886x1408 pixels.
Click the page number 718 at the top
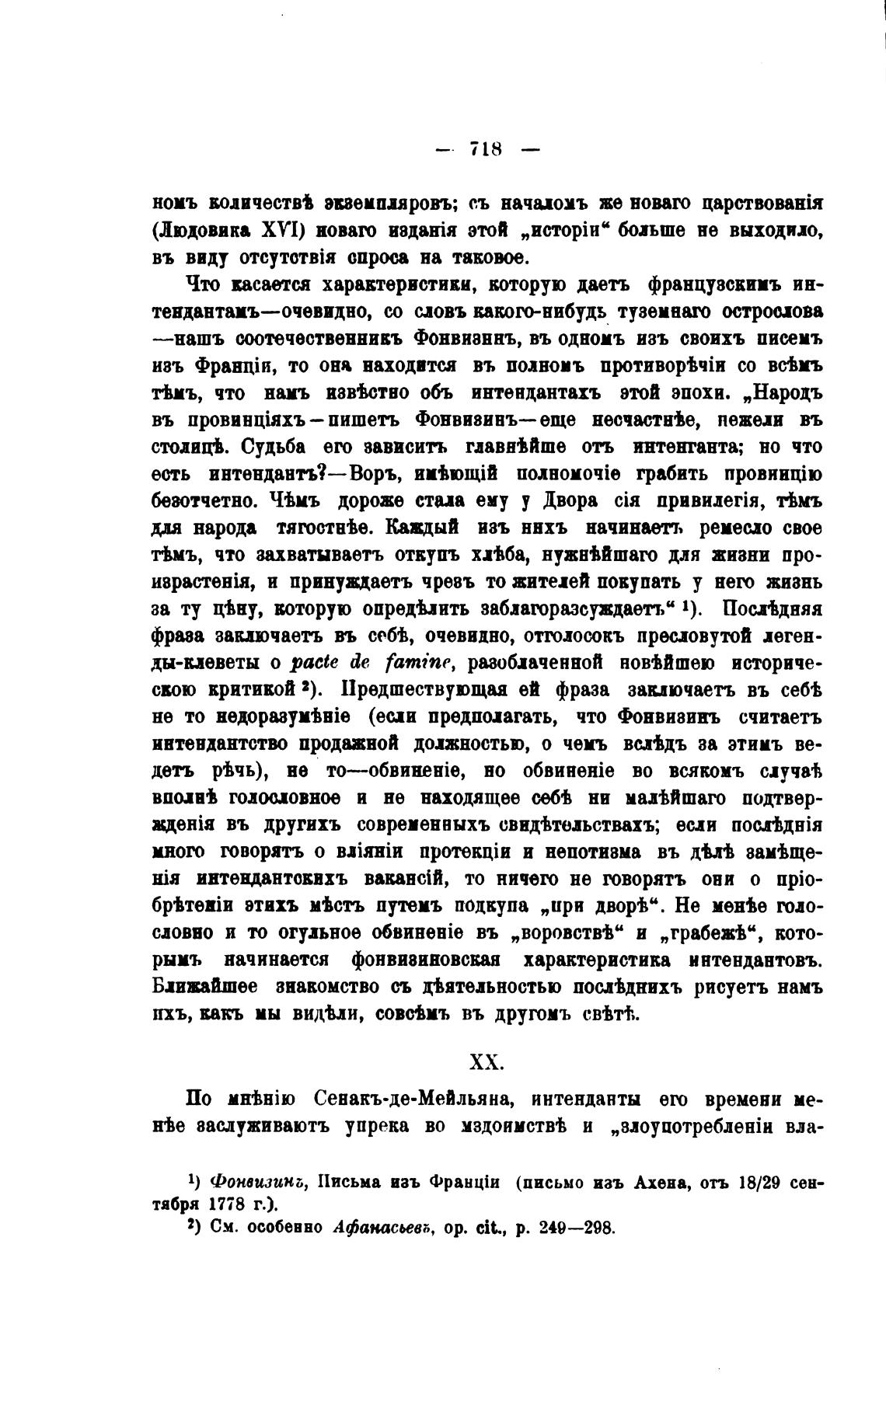tap(487, 148)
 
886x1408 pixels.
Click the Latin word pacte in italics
tap(313, 662)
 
